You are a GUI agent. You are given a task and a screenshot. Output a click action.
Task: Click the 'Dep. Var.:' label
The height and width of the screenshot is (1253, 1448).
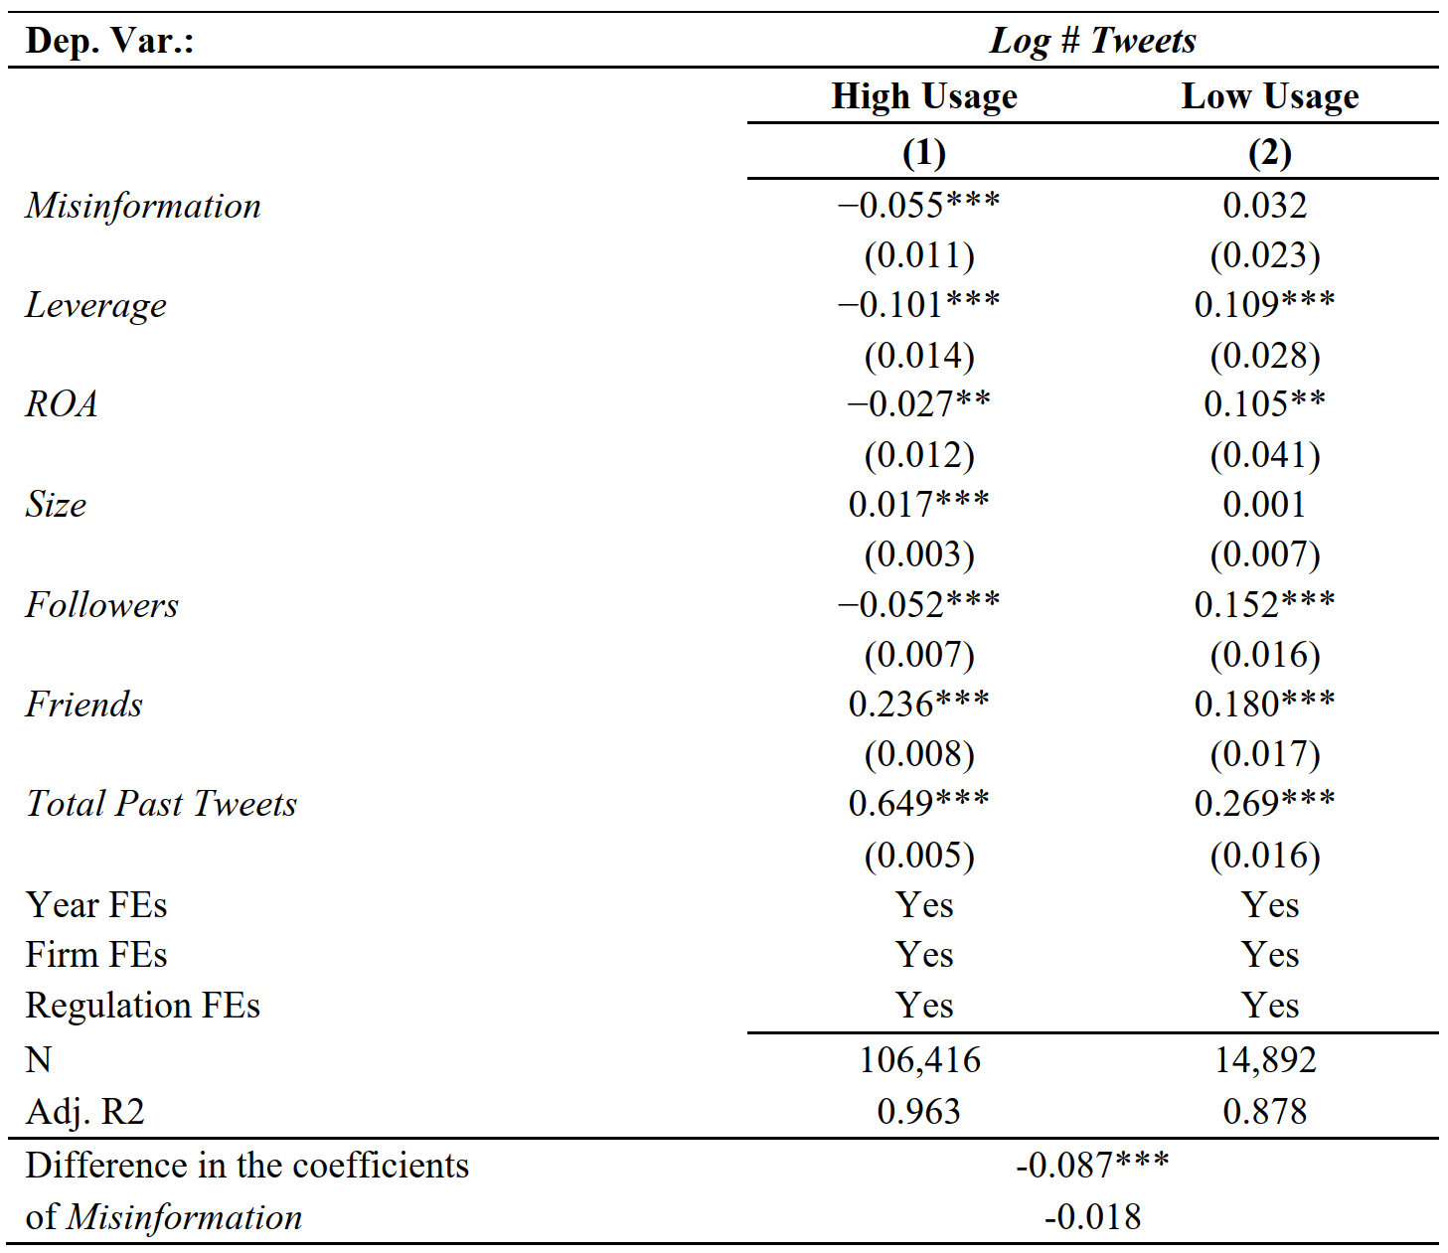(x=109, y=41)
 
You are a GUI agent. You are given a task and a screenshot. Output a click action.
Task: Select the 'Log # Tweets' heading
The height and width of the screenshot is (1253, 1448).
(x=1092, y=42)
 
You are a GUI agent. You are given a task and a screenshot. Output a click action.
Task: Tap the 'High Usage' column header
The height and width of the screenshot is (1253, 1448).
(x=924, y=97)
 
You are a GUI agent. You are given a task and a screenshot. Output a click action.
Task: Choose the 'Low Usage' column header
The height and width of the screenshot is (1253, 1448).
(x=1270, y=97)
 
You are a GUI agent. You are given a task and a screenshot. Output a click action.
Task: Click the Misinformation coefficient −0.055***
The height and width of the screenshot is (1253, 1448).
(x=918, y=206)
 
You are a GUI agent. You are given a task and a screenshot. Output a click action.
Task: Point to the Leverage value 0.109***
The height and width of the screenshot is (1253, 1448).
(x=1265, y=305)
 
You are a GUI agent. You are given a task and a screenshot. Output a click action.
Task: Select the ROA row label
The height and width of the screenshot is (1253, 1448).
(x=62, y=404)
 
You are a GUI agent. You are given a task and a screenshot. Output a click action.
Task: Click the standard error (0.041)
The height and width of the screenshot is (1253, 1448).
(x=1265, y=455)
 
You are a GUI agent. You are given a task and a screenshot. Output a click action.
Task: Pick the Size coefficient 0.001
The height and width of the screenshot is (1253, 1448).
(x=1264, y=505)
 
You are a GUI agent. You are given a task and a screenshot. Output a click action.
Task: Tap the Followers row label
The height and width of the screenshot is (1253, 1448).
(x=102, y=605)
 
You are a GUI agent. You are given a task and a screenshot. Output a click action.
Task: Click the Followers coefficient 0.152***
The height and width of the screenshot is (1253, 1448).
(x=1265, y=605)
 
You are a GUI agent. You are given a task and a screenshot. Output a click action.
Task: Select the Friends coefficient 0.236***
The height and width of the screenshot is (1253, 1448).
(x=918, y=705)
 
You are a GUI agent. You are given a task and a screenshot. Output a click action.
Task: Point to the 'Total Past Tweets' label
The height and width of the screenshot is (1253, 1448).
(x=161, y=804)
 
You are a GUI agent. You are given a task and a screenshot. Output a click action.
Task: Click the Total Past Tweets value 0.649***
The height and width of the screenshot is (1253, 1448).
(x=918, y=804)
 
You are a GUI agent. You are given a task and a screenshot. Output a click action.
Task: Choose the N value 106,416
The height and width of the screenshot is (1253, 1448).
(x=920, y=1060)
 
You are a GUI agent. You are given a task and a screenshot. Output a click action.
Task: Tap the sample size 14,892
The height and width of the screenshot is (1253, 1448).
(x=1265, y=1060)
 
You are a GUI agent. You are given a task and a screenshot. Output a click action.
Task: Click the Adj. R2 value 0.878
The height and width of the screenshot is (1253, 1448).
(x=1264, y=1112)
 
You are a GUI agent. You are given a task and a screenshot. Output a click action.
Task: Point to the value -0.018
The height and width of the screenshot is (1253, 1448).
(x=1092, y=1217)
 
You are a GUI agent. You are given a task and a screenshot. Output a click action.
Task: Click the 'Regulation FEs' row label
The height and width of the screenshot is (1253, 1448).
(x=143, y=1006)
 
